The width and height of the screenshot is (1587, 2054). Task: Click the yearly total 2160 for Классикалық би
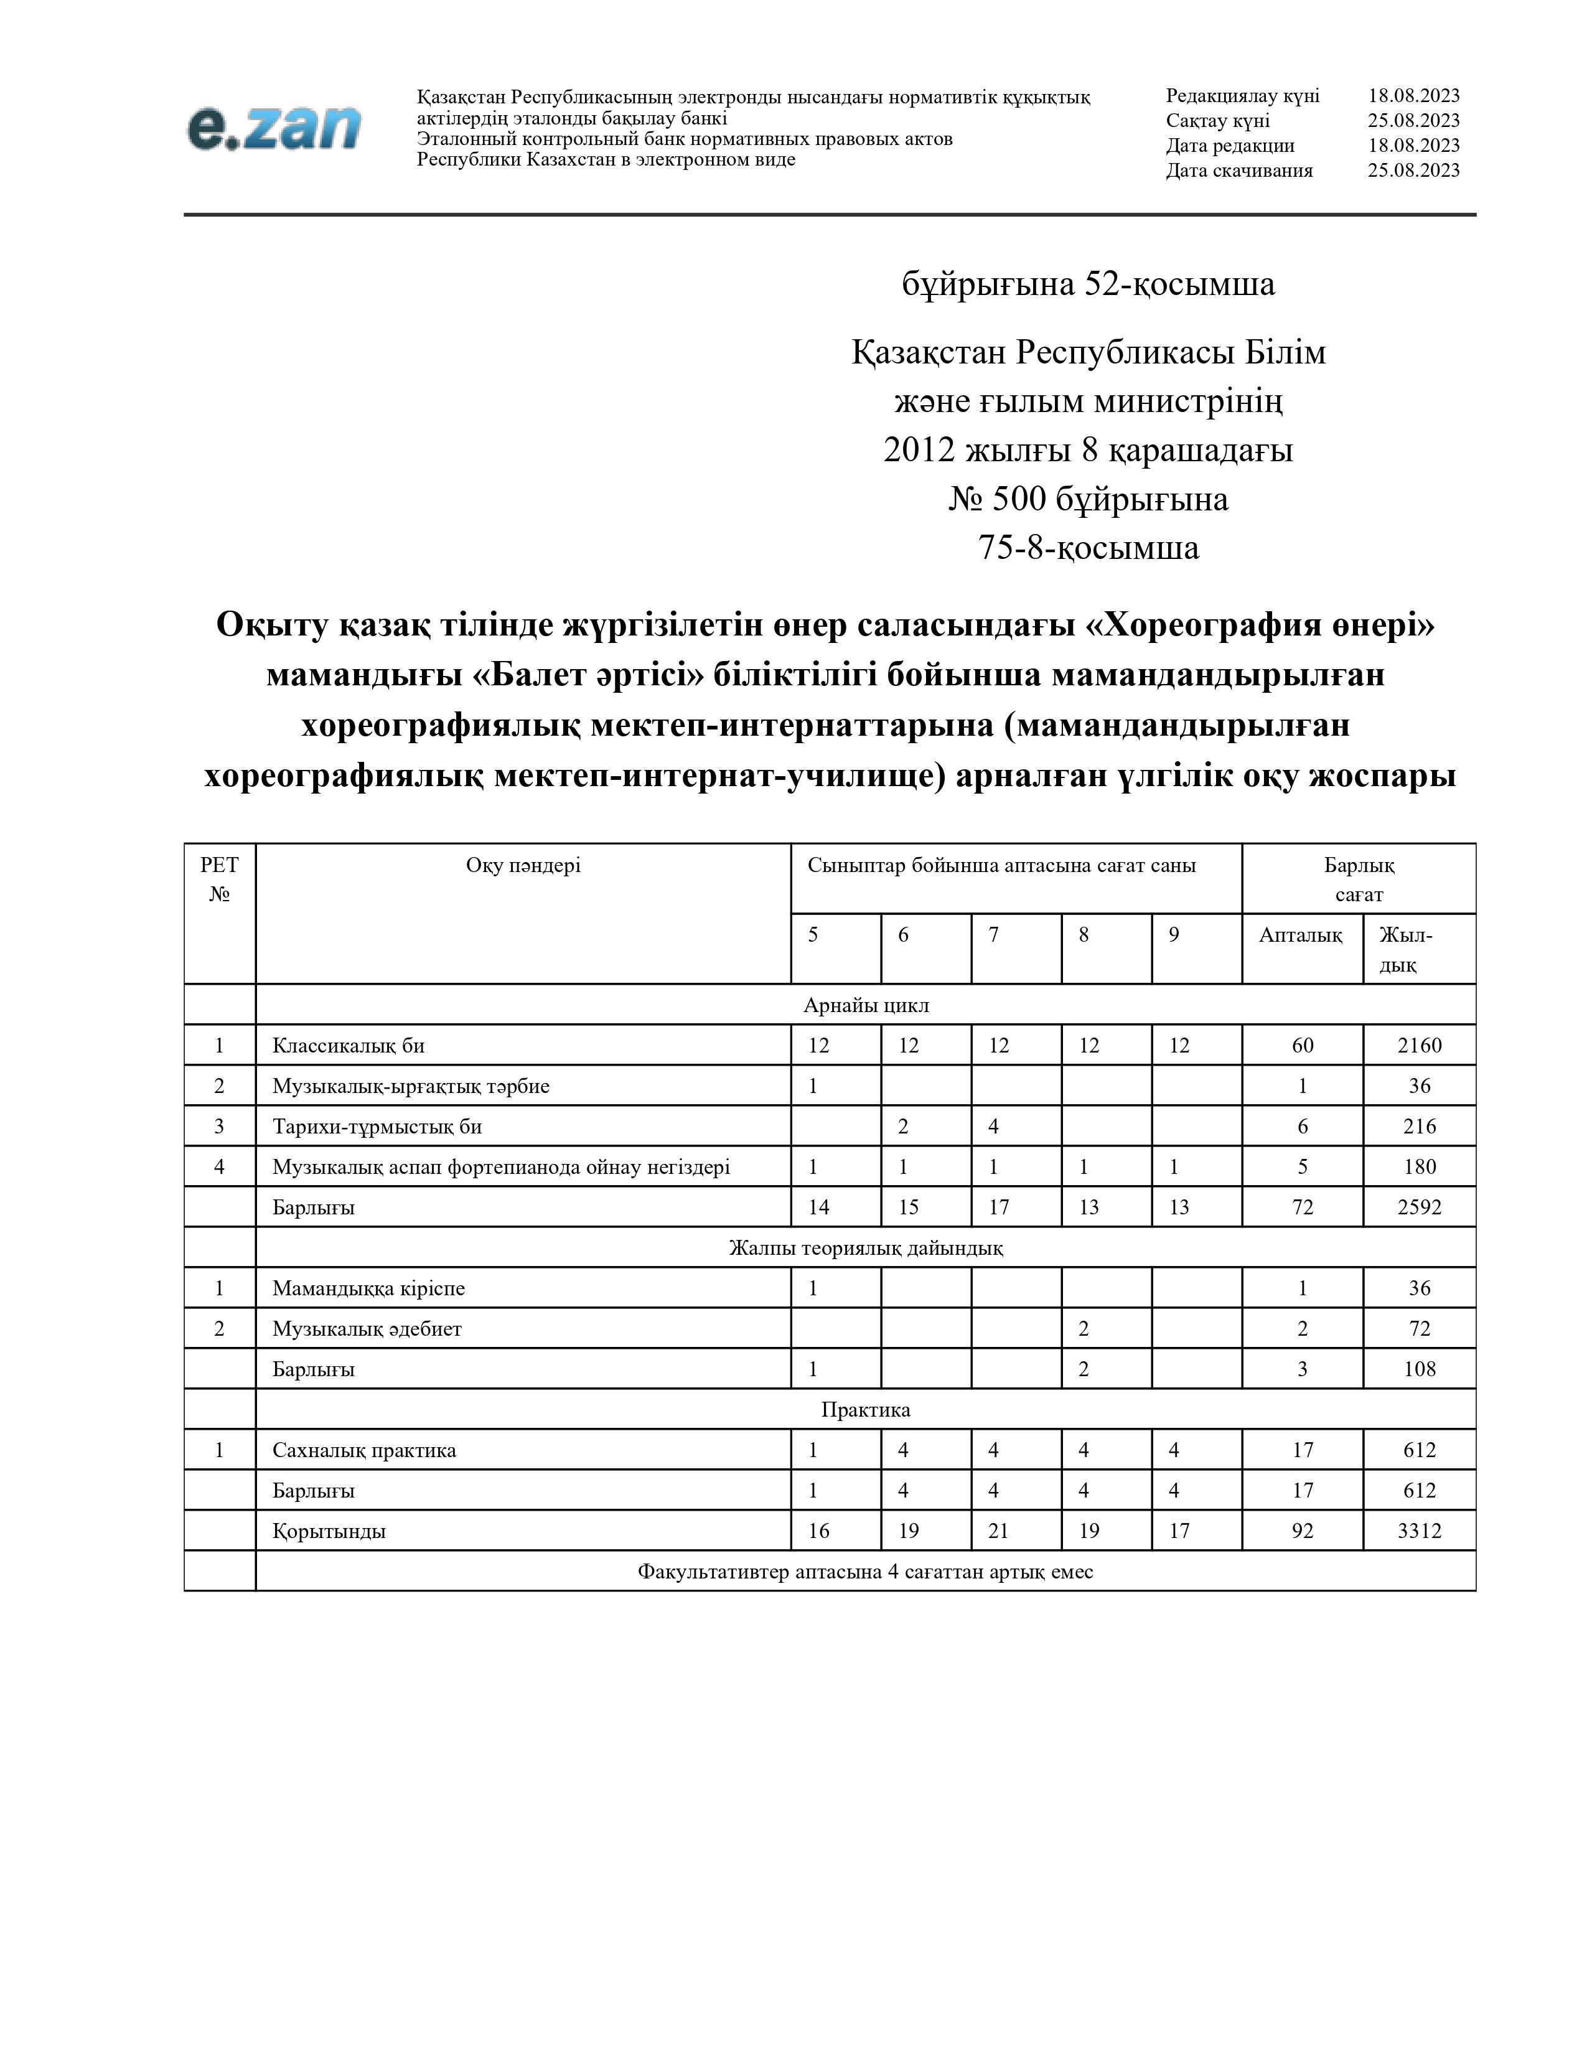click(x=1419, y=1045)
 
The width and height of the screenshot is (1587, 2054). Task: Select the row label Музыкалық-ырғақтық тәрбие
click(x=411, y=1086)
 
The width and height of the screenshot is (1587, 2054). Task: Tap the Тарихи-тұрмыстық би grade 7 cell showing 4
click(x=994, y=1126)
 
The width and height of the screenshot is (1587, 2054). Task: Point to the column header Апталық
click(x=1301, y=935)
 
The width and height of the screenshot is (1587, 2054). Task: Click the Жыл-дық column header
click(x=1405, y=949)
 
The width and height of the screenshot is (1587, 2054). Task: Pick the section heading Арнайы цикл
click(x=866, y=1005)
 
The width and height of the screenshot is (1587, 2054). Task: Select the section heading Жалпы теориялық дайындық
click(x=866, y=1247)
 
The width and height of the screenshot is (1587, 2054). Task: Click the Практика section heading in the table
click(x=866, y=1409)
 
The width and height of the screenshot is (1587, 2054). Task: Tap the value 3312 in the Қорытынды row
click(x=1419, y=1530)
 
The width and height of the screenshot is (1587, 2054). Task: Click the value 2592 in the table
click(x=1419, y=1207)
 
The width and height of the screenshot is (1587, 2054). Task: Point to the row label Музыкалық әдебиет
click(x=368, y=1328)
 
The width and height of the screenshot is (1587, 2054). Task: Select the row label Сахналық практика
click(x=365, y=1449)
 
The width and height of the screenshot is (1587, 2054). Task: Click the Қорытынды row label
click(x=329, y=1530)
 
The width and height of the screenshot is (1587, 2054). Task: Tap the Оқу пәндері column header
click(x=523, y=865)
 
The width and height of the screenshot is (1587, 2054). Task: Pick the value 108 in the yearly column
click(x=1419, y=1368)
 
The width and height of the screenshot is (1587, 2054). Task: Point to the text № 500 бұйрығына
click(x=1088, y=499)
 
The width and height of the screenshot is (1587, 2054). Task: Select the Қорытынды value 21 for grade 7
click(x=998, y=1530)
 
